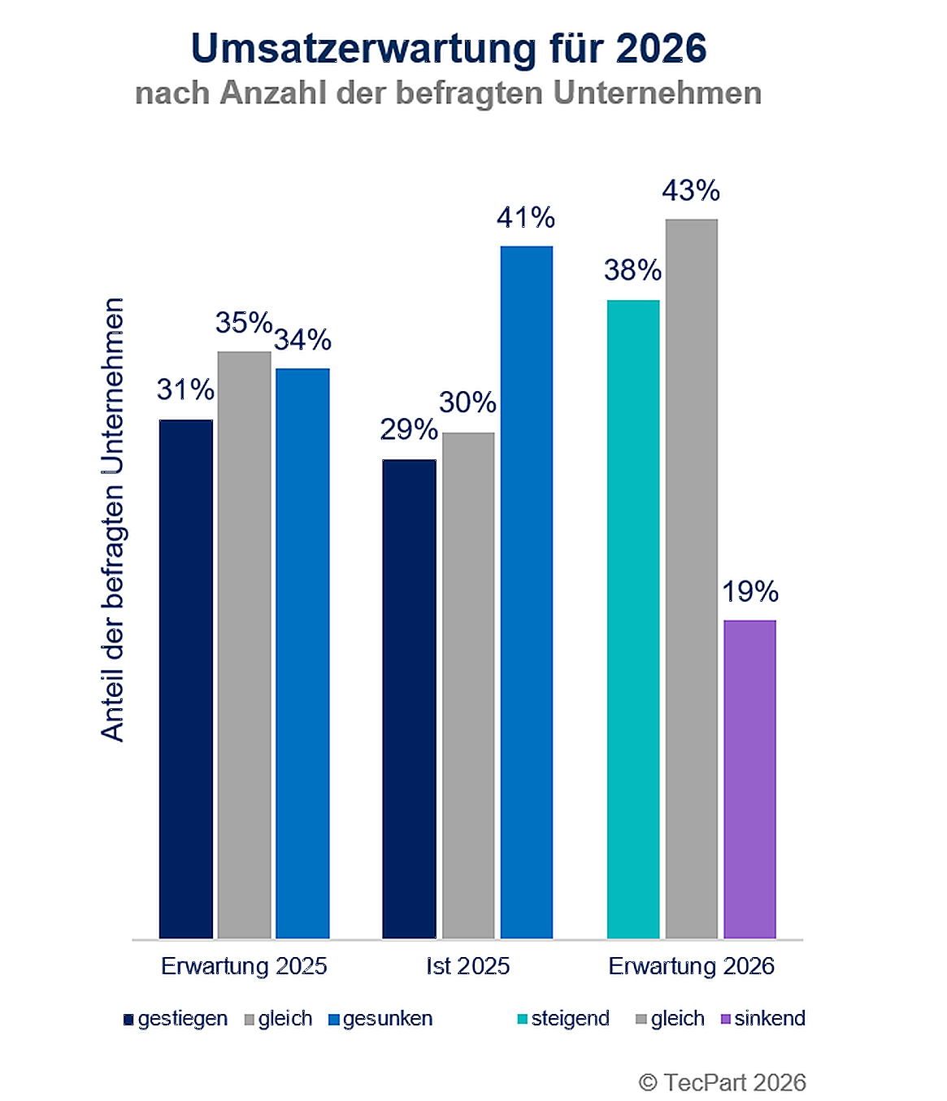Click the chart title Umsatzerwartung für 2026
[x=448, y=49]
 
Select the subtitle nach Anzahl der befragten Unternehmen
[x=448, y=94]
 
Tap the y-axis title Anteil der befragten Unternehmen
[x=113, y=520]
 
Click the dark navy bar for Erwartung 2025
[x=186, y=679]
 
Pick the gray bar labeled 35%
[x=244, y=645]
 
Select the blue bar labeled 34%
[x=302, y=653]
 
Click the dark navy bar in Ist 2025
[x=409, y=698]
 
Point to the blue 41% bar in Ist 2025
[x=526, y=592]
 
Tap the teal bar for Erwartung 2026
[x=633, y=619]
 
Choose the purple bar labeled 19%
[x=749, y=779]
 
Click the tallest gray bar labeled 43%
[x=691, y=578]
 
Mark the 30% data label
[x=467, y=403]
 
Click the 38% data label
[x=632, y=271]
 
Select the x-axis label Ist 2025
[x=467, y=966]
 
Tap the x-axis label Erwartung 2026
[x=691, y=966]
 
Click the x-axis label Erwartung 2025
[x=244, y=966]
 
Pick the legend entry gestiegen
[x=176, y=1019]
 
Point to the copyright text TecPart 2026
[x=723, y=1082]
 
